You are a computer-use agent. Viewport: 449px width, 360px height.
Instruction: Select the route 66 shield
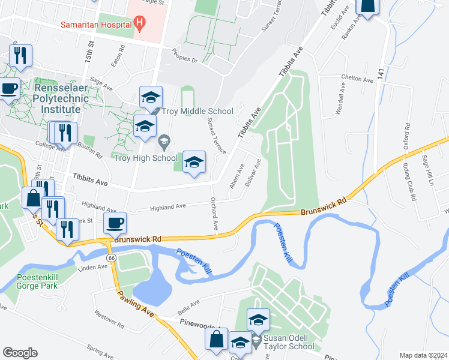(x=112, y=257)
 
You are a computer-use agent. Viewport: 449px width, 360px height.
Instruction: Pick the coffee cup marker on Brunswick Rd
(x=115, y=223)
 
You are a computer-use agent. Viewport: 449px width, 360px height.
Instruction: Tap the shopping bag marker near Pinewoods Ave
(x=216, y=339)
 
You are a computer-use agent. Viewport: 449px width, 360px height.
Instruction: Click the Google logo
(x=20, y=353)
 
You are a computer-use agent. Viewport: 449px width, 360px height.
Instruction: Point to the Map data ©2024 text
(x=423, y=355)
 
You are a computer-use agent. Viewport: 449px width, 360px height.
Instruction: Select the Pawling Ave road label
(x=136, y=304)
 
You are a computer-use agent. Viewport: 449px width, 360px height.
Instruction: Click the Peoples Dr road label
(x=184, y=56)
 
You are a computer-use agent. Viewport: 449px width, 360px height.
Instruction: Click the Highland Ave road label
(x=167, y=206)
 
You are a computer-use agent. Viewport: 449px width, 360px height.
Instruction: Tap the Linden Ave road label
(x=92, y=266)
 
